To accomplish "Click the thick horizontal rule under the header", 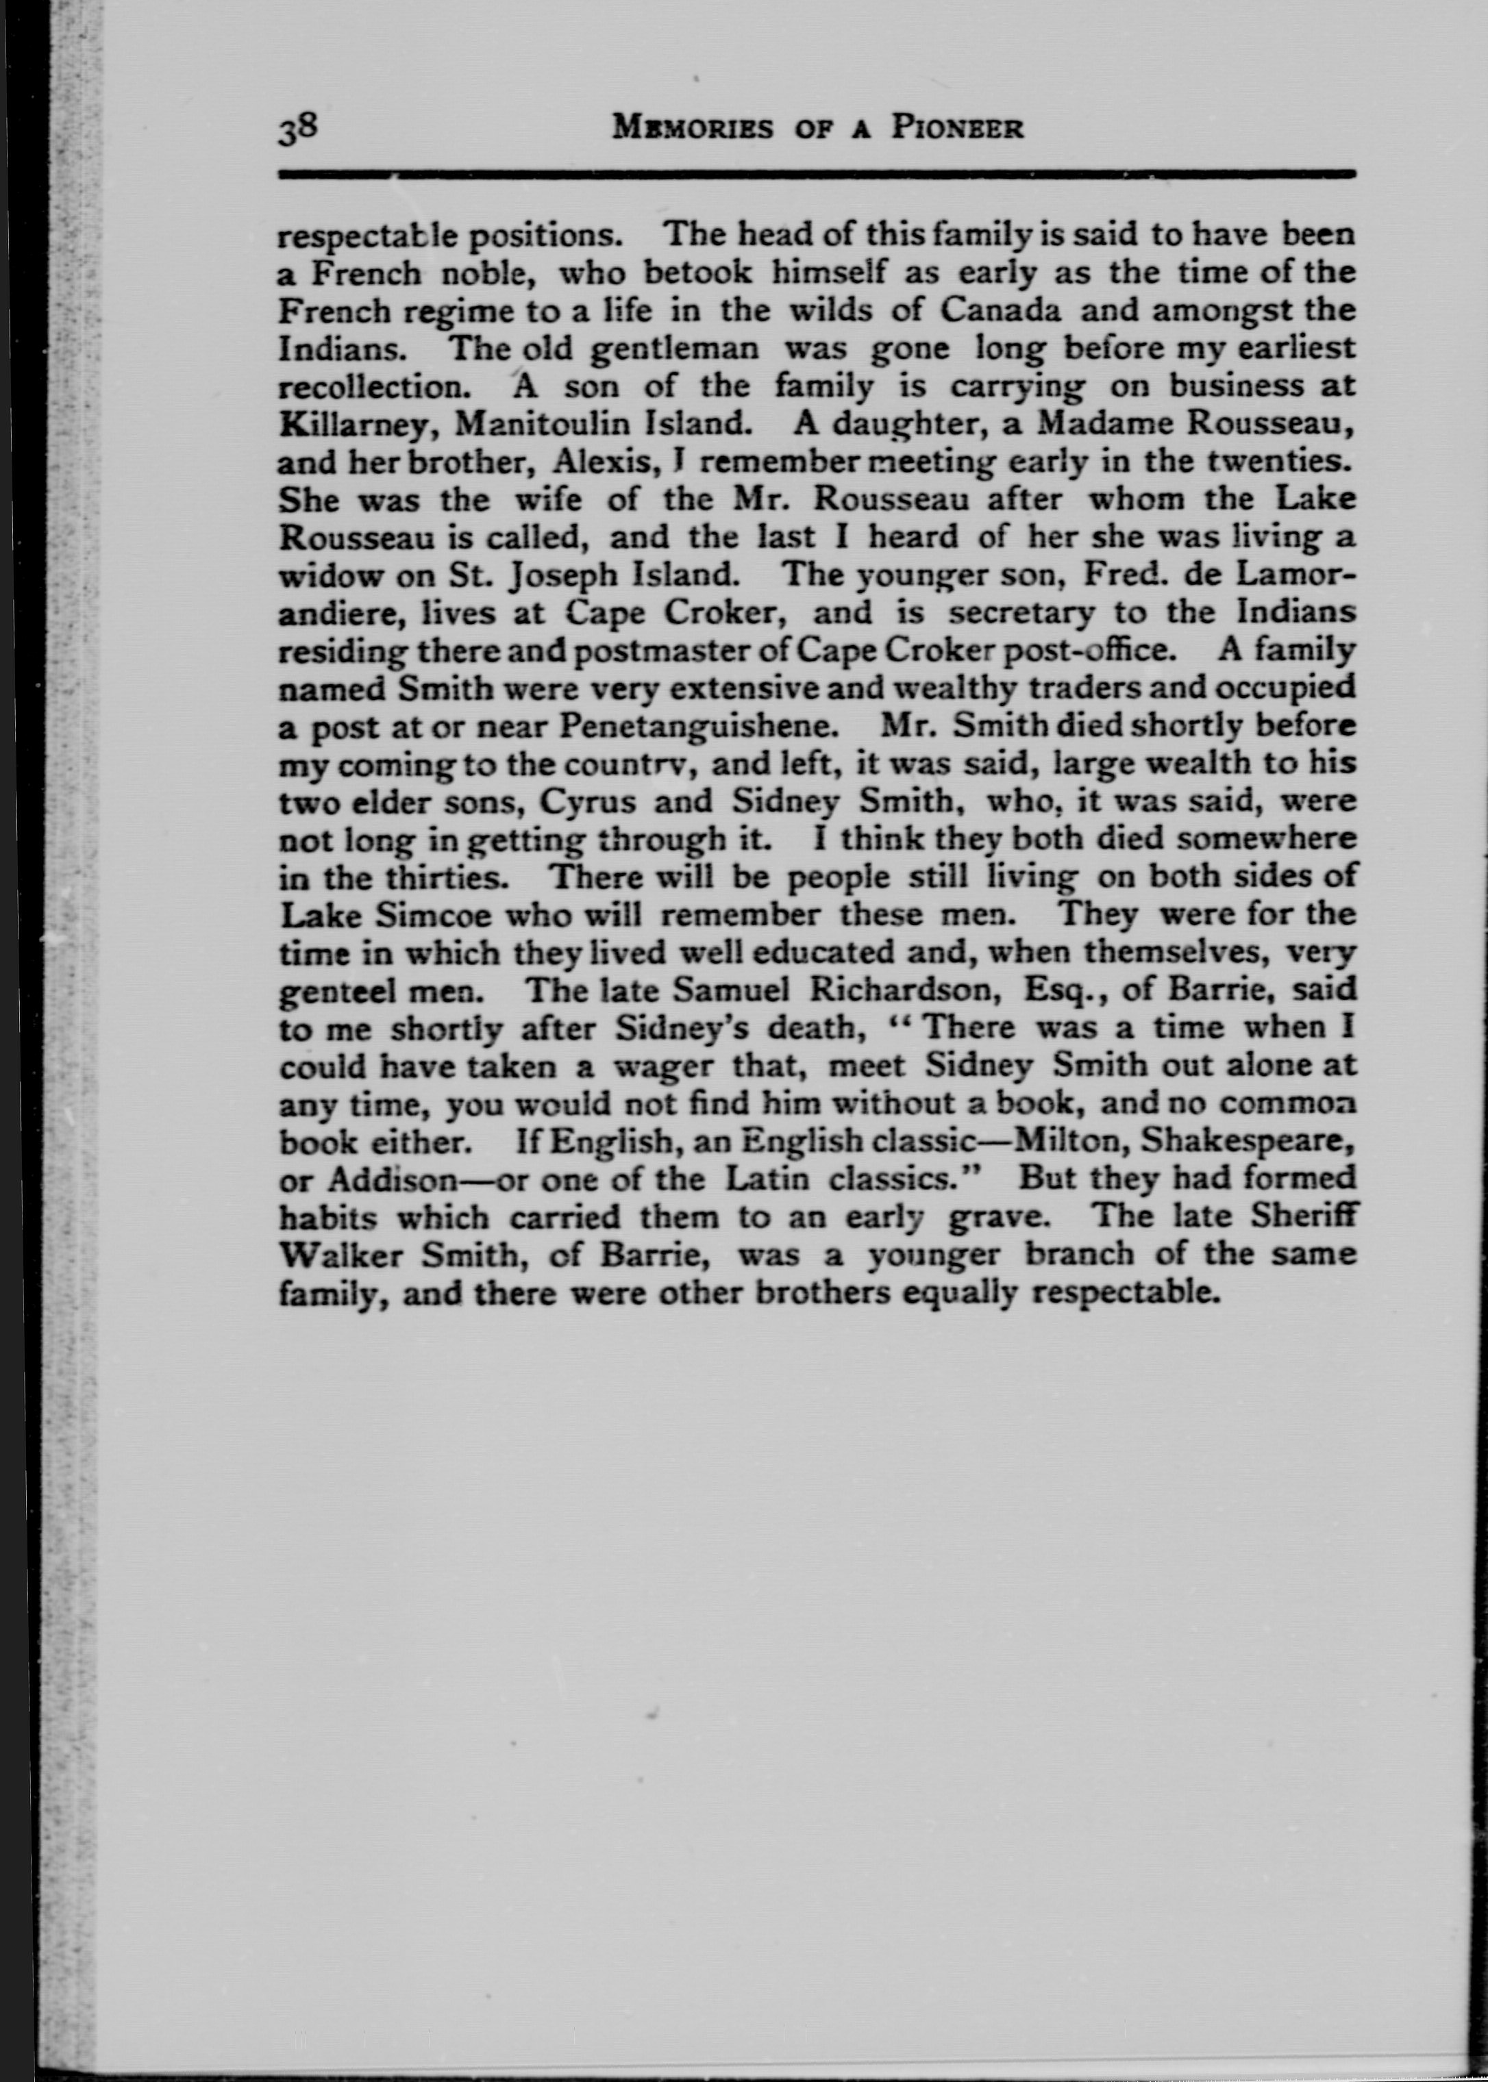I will coord(815,173).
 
